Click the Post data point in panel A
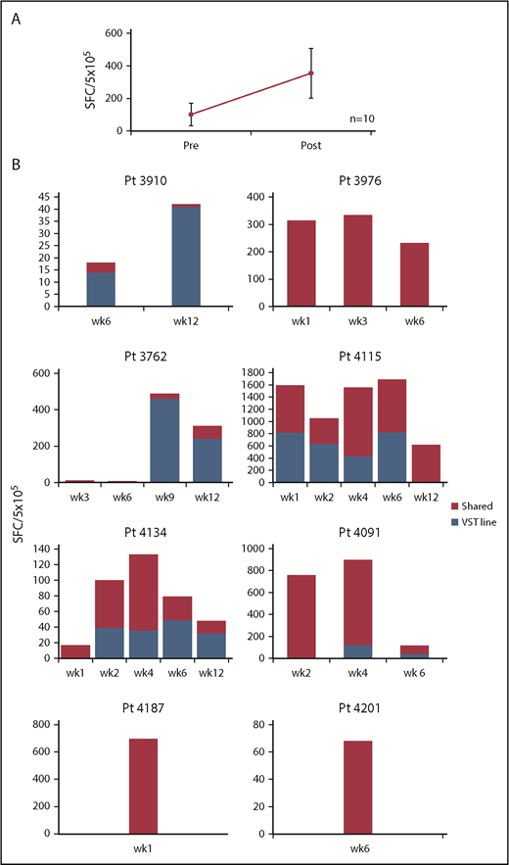point(310,72)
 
